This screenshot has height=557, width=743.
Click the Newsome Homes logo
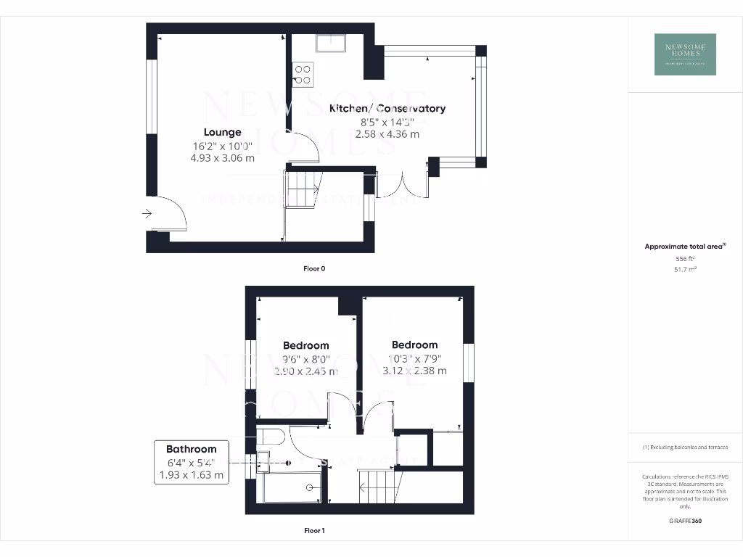685,54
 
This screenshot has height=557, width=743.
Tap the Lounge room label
222,132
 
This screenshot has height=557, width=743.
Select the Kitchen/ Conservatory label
387,108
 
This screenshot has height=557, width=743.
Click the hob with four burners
303,74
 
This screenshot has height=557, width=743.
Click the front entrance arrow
147,213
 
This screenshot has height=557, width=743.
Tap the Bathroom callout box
191,462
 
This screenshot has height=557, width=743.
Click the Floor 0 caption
314,268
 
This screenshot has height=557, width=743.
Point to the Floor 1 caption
314,531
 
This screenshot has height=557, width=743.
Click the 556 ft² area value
685,259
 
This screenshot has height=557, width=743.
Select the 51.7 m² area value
685,269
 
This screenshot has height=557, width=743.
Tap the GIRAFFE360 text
685,521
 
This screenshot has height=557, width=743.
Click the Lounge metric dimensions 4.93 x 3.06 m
222,158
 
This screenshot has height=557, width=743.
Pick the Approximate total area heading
685,247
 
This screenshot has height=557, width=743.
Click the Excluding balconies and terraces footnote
685,447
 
